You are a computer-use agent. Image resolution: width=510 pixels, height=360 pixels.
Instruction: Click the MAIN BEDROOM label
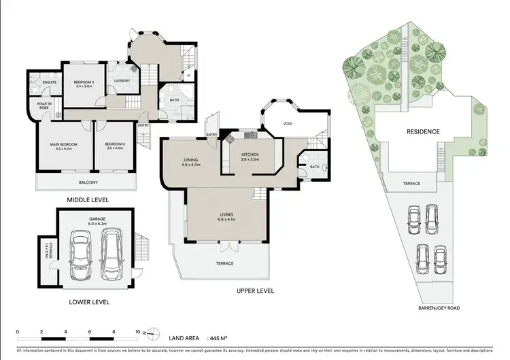click(x=63, y=145)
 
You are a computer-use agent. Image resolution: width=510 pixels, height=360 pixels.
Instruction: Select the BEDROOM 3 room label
click(x=84, y=82)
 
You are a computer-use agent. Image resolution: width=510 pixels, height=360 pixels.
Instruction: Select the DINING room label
click(x=190, y=160)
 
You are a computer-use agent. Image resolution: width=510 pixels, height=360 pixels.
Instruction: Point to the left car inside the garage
click(x=82, y=257)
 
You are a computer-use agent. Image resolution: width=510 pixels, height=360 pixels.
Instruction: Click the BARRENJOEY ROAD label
click(x=440, y=308)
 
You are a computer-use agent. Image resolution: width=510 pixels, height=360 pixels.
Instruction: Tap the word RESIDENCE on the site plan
click(x=423, y=131)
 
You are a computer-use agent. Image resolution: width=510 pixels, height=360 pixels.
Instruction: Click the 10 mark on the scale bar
click(x=138, y=332)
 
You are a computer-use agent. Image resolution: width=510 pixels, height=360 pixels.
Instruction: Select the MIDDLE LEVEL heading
click(x=87, y=199)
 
